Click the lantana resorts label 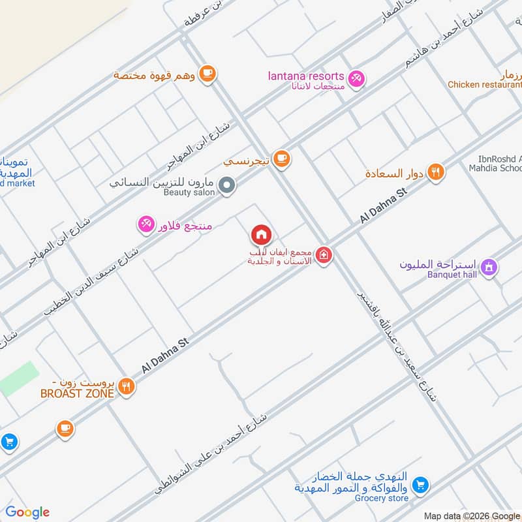[x=306, y=76]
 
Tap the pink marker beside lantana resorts [x=356, y=79]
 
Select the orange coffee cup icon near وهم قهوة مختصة [x=207, y=74]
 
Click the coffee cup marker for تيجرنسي [x=281, y=159]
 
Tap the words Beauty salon [x=189, y=192]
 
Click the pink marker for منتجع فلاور [x=146, y=224]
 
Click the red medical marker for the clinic [x=323, y=256]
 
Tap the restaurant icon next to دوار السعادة [x=437, y=172]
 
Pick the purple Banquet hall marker [x=489, y=267]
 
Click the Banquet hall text [x=452, y=274]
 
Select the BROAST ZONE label [x=77, y=393]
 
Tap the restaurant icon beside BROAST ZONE [x=127, y=388]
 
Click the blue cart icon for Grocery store [x=421, y=485]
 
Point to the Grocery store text [x=382, y=499]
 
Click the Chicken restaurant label [x=482, y=85]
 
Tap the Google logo [x=27, y=512]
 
